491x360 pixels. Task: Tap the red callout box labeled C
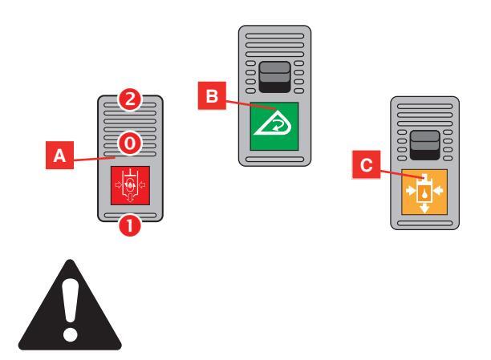point(365,166)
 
